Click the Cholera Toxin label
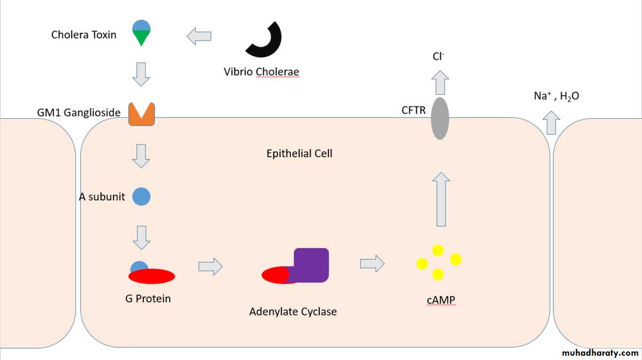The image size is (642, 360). click(83, 35)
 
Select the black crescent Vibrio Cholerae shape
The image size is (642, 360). click(265, 40)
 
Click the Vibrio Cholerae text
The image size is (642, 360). click(262, 72)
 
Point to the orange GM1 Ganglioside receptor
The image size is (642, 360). click(141, 114)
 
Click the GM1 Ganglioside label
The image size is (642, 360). click(79, 113)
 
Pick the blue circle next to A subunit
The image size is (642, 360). click(141, 196)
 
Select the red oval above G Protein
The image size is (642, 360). click(151, 276)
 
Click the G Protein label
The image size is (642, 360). click(148, 298)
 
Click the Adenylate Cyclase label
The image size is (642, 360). click(293, 311)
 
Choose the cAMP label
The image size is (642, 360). click(441, 301)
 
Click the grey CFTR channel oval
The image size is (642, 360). click(440, 118)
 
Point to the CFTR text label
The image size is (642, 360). click(414, 110)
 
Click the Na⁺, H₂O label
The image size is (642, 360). click(556, 96)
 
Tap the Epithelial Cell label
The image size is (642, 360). click(300, 154)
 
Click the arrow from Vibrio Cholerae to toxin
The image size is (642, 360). click(199, 36)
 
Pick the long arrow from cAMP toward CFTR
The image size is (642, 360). click(440, 199)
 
